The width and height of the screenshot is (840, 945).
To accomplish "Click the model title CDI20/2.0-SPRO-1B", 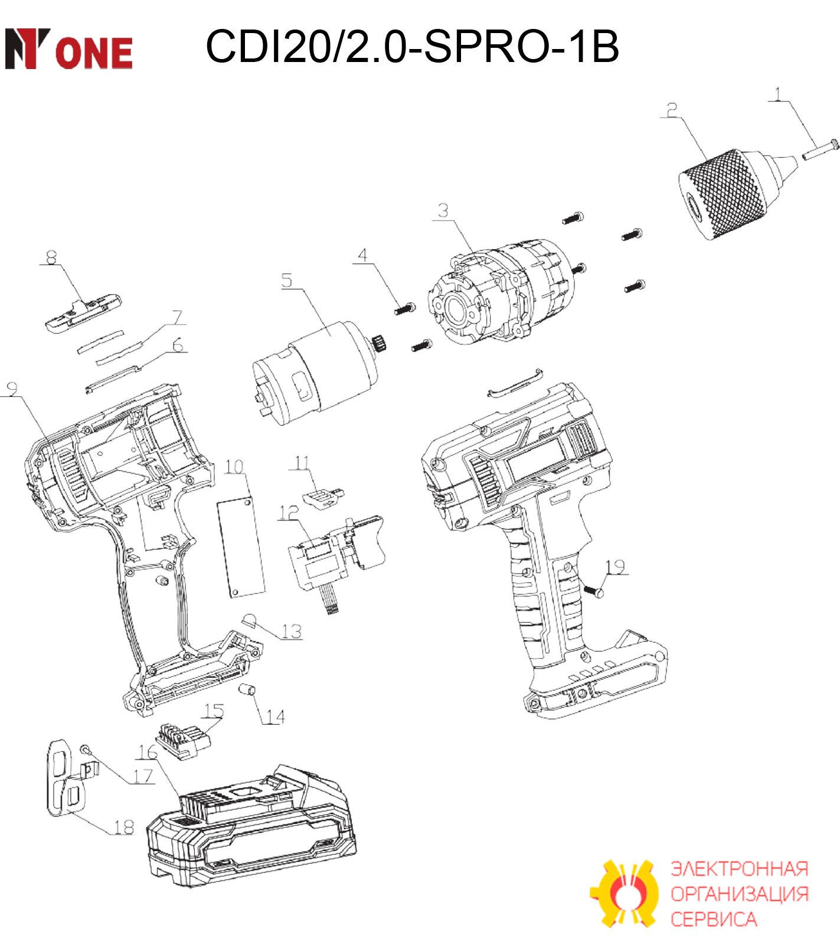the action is point(412,46).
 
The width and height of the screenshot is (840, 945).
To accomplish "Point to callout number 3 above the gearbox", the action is point(443,210).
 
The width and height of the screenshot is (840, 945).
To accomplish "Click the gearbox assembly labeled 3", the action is point(501,292).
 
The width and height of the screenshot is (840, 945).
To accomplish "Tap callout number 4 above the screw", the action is point(362,255).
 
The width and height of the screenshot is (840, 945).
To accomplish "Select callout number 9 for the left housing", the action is point(11,388).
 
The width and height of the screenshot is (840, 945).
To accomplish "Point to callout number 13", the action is point(291,631).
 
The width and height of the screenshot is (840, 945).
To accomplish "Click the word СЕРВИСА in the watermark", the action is point(713,919).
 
